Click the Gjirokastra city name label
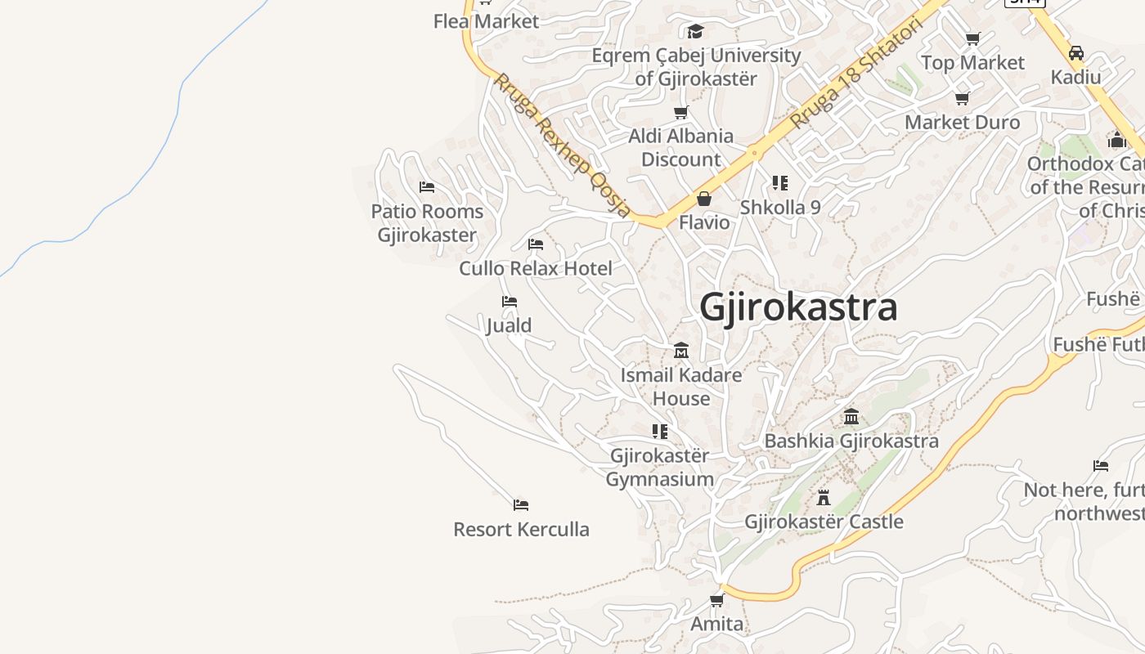[x=798, y=307]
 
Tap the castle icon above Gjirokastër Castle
[x=824, y=497]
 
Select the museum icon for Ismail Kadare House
[x=681, y=351]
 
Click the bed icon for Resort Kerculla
[x=521, y=504]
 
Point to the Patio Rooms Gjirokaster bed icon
[x=427, y=187]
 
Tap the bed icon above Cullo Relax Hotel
[x=536, y=244]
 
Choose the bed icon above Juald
[x=510, y=302]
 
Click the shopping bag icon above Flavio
[x=704, y=199]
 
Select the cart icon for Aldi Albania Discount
[x=681, y=112]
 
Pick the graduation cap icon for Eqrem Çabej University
[x=696, y=31]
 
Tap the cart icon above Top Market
[x=973, y=38]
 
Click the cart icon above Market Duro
[x=963, y=98]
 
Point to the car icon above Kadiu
[x=1076, y=53]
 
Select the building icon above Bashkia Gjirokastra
[x=851, y=416]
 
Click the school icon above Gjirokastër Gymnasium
[x=660, y=431]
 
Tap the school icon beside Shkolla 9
[x=780, y=183]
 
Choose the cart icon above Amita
[x=717, y=600]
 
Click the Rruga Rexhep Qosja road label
[x=563, y=146]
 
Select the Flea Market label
[x=487, y=21]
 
